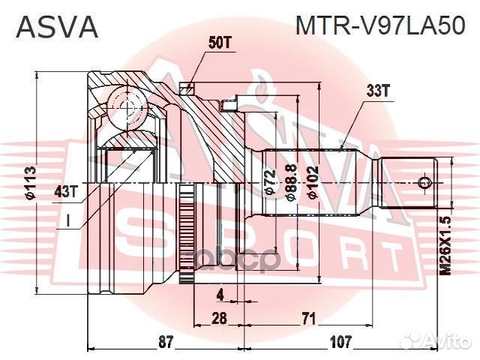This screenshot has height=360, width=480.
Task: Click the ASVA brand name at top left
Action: [57, 27]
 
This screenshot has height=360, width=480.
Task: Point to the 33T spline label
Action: [379, 91]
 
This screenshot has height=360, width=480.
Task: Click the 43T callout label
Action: [66, 191]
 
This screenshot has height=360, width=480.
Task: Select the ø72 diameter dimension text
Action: [271, 182]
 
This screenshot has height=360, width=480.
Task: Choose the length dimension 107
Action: [341, 342]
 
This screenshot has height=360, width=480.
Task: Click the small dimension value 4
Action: [220, 293]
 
